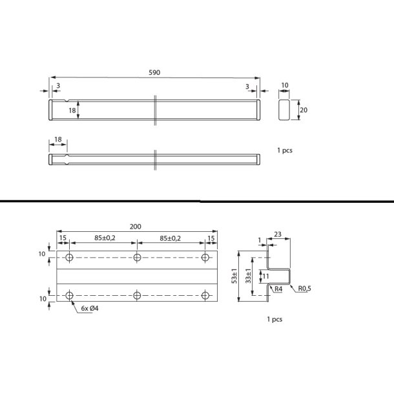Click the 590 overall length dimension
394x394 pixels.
[155, 73]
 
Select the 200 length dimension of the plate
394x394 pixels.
[136, 227]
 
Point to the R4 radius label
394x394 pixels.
[278, 289]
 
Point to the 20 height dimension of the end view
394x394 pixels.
[304, 110]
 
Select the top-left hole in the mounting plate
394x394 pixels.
[69, 258]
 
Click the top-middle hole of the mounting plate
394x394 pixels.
[137, 258]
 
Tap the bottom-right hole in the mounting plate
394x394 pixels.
[205, 296]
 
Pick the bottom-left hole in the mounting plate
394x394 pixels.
[69, 296]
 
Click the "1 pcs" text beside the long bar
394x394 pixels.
[285, 150]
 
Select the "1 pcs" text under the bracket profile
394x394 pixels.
[275, 319]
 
